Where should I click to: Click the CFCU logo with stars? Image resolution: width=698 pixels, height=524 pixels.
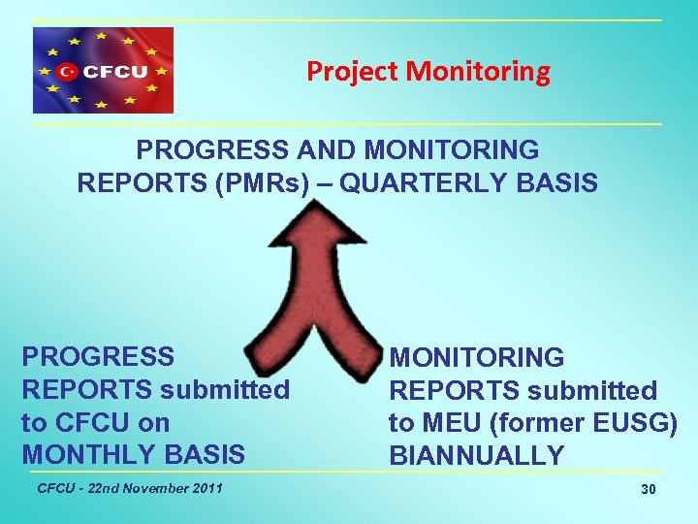104,71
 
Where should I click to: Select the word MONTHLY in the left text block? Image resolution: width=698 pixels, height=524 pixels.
76,454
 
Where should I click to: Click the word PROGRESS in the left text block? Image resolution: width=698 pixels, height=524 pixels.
98,356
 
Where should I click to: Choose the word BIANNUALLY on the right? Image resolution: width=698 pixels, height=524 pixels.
476,455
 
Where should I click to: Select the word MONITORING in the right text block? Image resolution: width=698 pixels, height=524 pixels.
476,358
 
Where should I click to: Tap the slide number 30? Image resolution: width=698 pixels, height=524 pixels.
649,489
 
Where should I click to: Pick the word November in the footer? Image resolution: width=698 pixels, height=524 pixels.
153,487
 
